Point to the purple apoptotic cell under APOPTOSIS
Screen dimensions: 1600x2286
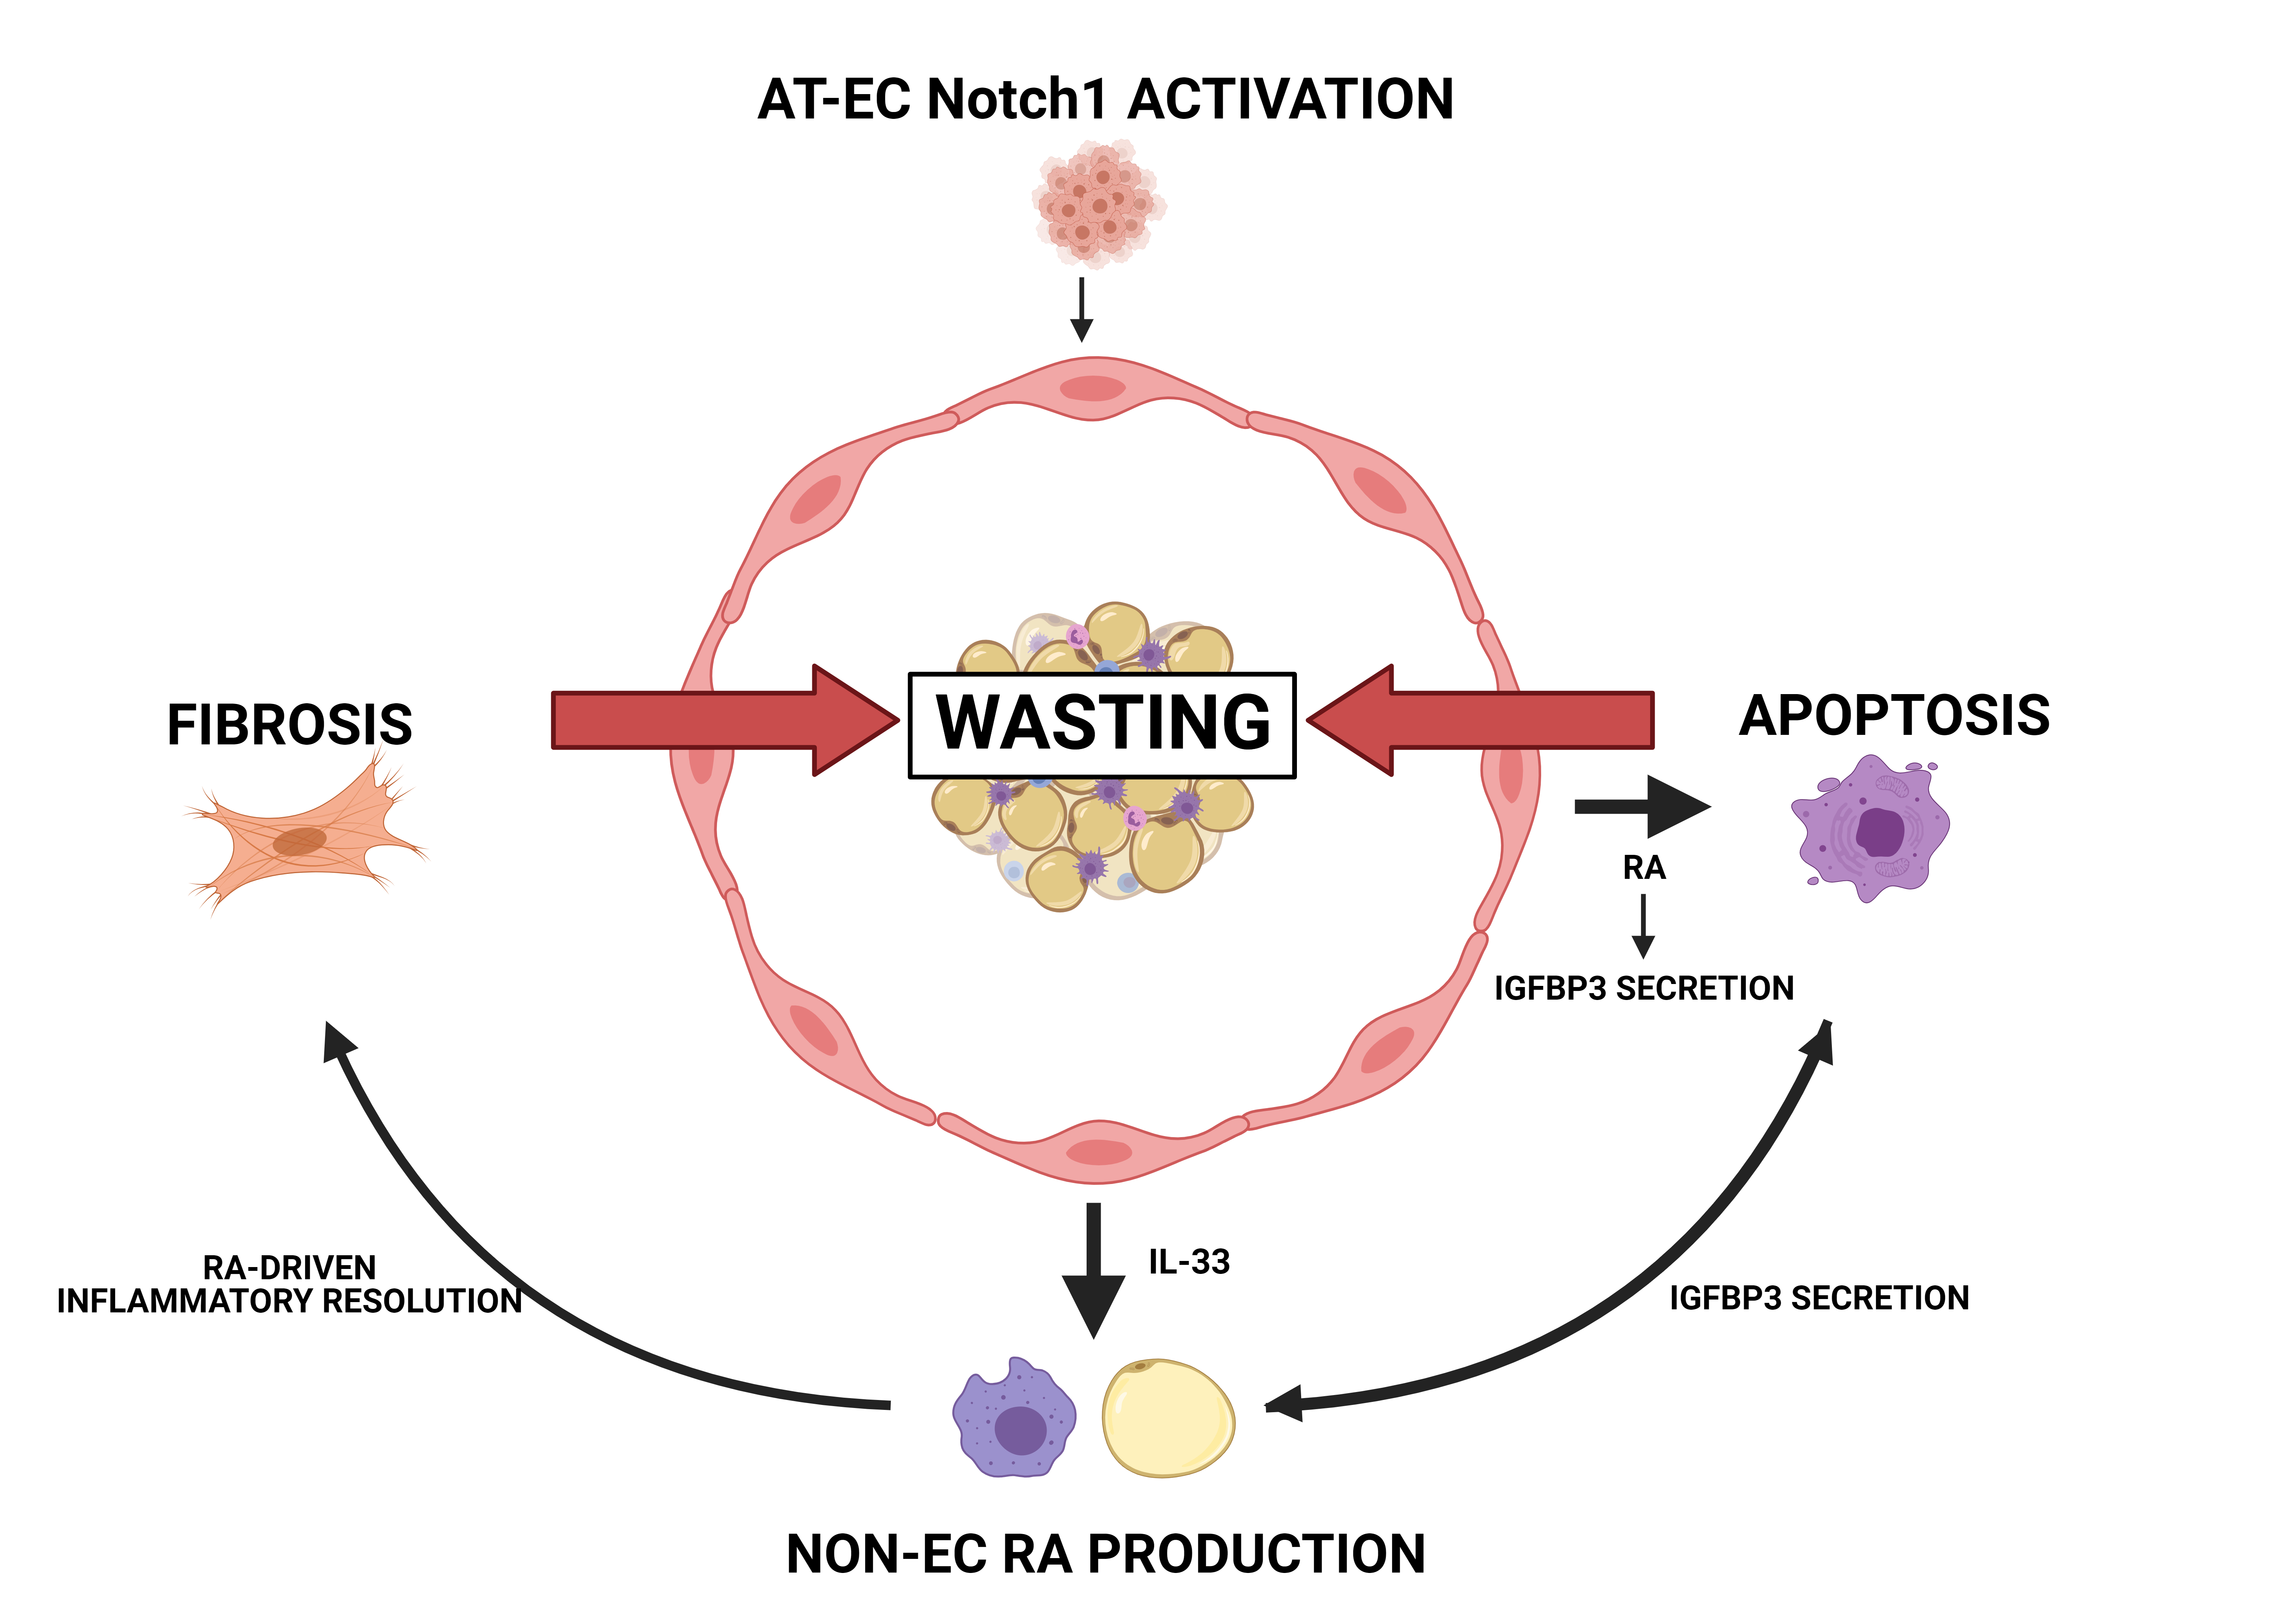[1870, 828]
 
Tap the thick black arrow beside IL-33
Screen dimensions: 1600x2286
[1093, 1269]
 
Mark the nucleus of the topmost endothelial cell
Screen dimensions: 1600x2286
[1093, 388]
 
